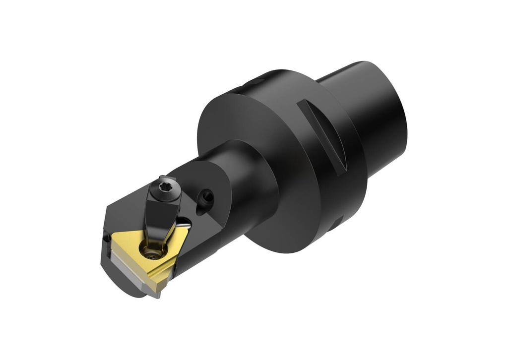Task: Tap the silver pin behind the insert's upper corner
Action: (x=184, y=221)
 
